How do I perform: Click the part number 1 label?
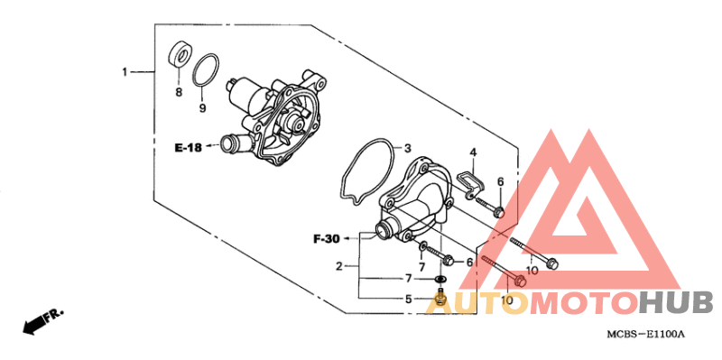[125, 72]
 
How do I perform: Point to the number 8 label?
[179, 92]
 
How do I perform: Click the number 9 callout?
[202, 108]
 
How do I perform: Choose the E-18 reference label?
[188, 148]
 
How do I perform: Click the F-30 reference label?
[327, 239]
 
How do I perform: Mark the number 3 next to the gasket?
[407, 149]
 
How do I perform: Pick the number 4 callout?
[472, 152]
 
